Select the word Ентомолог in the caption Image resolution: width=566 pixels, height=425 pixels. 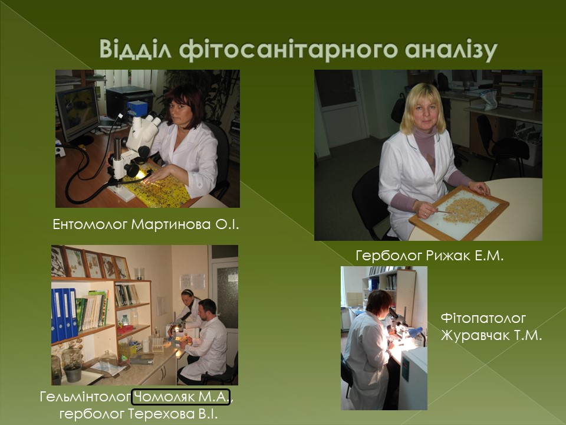(x=90, y=224)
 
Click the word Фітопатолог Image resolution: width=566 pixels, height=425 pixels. (x=483, y=318)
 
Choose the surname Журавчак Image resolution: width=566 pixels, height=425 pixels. (x=473, y=335)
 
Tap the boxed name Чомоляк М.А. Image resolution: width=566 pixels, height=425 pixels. (x=181, y=397)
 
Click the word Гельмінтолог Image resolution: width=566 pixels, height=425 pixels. (x=85, y=397)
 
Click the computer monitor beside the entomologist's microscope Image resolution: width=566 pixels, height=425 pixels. (x=77, y=114)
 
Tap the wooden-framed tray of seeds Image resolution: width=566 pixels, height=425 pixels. (x=459, y=212)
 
